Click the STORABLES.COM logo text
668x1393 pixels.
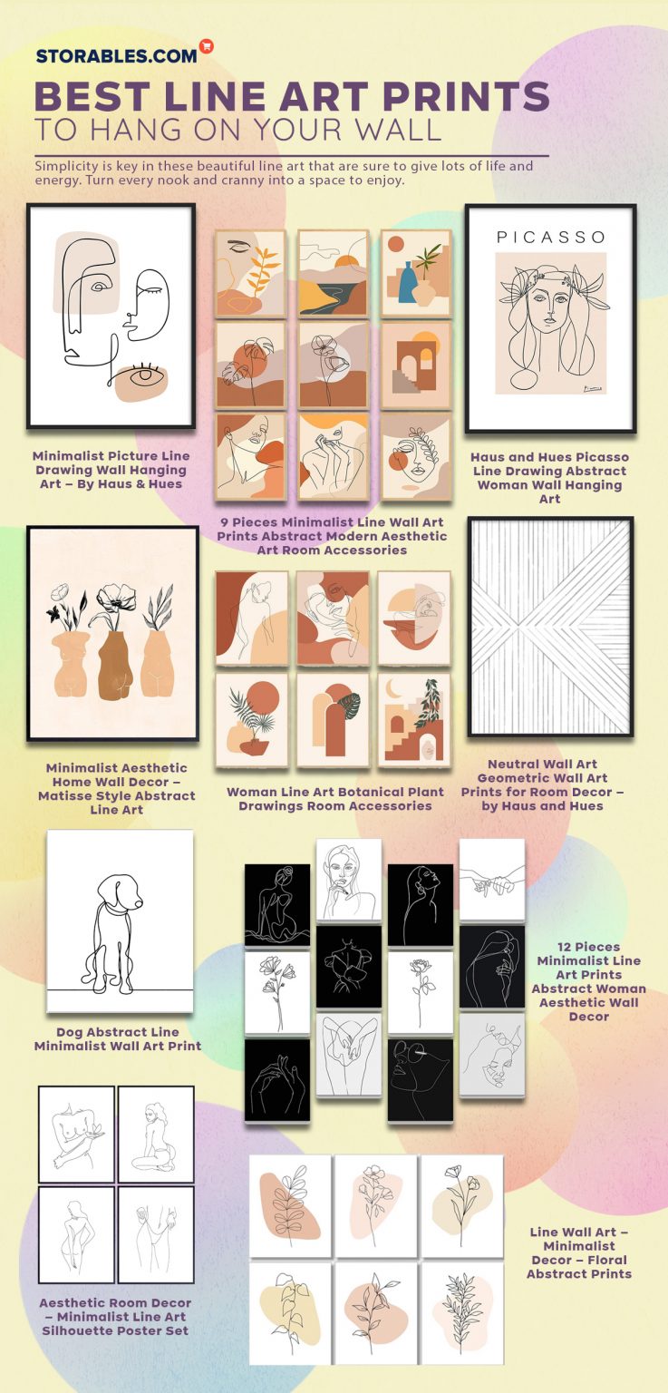pos(116,55)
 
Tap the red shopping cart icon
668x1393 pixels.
pos(207,46)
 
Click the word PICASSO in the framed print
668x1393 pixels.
pos(550,238)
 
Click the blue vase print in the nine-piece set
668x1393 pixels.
pos(415,272)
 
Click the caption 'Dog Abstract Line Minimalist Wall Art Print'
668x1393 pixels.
pos(118,1039)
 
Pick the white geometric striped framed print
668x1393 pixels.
pos(550,627)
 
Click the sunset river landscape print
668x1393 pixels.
pos(333,272)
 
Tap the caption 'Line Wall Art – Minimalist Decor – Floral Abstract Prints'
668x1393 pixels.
pos(579,1252)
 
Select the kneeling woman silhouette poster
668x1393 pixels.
pos(156,1134)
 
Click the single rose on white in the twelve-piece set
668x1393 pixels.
pos(421,991)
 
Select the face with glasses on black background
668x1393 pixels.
pos(421,1079)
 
